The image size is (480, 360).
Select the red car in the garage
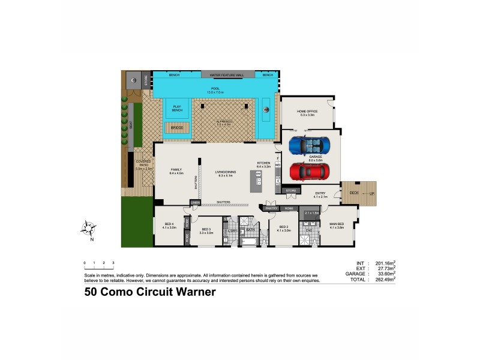(309, 172)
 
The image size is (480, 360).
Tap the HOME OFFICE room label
(307, 112)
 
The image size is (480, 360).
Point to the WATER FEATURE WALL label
(227, 75)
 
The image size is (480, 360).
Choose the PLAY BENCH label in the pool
(176, 108)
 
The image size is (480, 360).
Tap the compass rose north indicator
(89, 229)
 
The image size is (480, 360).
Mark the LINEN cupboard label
(196, 203)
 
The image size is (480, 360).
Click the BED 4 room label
(169, 226)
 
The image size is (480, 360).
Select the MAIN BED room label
(337, 226)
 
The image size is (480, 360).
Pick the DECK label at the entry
(353, 193)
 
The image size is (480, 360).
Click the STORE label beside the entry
(291, 191)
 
